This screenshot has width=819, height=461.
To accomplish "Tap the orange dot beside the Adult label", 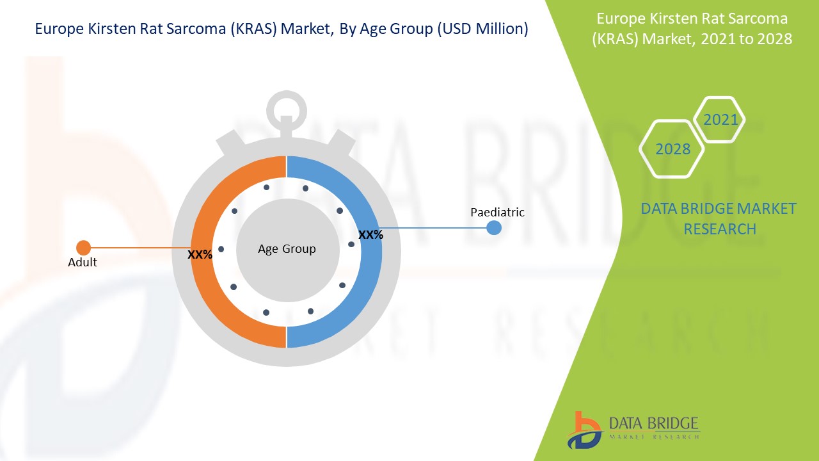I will (83, 248).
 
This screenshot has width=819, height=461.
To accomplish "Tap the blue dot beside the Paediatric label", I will (494, 227).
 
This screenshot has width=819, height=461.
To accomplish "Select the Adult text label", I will (83, 263).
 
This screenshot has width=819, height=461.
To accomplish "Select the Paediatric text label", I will (497, 212).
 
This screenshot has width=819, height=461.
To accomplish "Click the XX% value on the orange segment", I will (200, 254).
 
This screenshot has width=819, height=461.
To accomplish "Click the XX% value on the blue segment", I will (370, 235).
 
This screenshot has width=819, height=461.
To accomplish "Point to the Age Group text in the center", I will (287, 248).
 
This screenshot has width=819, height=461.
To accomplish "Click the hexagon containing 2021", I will (720, 120).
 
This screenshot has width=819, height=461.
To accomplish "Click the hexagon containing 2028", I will (672, 149).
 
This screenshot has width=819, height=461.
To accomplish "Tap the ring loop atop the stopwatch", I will (287, 110).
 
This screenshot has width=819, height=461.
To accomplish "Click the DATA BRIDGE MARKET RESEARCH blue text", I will (719, 218).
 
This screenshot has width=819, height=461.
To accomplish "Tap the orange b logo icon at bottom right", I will (584, 429).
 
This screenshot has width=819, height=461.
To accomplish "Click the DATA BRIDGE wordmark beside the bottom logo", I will (653, 423).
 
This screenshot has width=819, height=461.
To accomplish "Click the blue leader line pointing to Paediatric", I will (435, 227).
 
